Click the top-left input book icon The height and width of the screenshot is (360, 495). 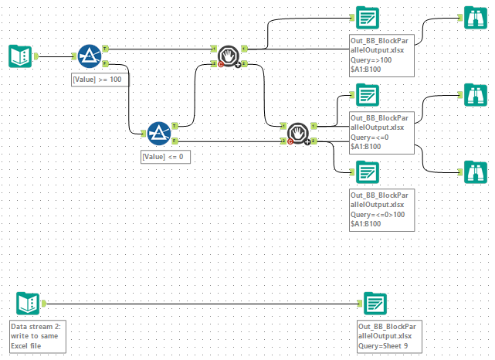19,56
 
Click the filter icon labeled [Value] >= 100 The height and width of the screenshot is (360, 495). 90,56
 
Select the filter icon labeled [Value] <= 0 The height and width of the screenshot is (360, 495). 158,133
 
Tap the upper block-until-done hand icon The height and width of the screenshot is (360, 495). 228,56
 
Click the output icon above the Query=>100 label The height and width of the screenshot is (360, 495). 367,18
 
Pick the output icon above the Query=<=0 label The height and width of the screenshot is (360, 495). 367,95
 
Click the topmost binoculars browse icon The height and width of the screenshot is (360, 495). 473,18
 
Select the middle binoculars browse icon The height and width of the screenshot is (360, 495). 473,95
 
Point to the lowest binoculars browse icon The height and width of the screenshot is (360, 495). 473,171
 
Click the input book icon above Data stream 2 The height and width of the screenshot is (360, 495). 26,303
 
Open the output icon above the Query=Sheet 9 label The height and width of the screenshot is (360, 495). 375,303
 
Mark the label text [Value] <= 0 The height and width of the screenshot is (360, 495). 165,156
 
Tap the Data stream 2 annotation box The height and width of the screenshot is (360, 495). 39,335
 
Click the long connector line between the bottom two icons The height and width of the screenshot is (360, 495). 201,303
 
